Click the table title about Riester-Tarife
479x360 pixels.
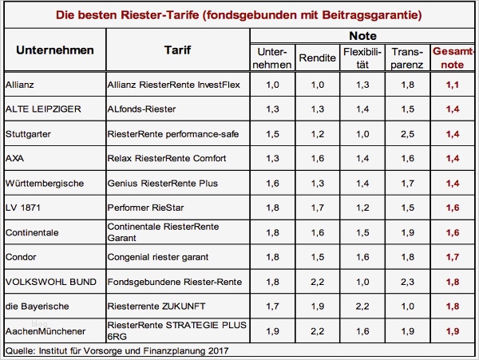tap(239, 14)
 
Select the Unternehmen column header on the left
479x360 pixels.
tap(55, 49)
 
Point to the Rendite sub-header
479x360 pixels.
tap(317, 57)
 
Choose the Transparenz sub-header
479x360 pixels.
tap(408, 57)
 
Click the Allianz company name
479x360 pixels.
tap(18, 84)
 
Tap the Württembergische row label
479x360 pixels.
tap(42, 184)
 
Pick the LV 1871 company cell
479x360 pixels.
tap(22, 208)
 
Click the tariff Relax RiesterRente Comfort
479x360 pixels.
tap(165, 158)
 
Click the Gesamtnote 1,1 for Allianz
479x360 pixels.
tap(452, 84)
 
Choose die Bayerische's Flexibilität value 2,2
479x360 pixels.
tap(362, 307)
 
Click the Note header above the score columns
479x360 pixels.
tap(363, 37)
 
